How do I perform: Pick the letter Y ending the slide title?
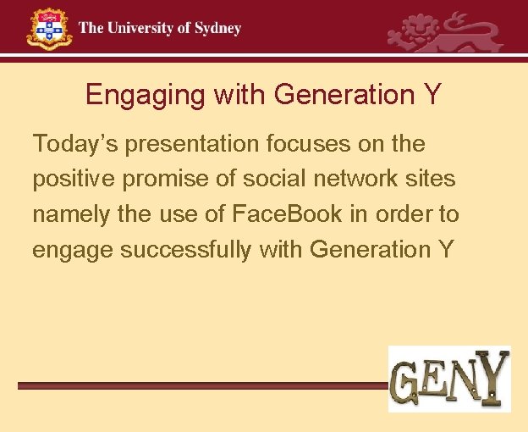432,94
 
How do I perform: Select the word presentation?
177,144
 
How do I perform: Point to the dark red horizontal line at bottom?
203,385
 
